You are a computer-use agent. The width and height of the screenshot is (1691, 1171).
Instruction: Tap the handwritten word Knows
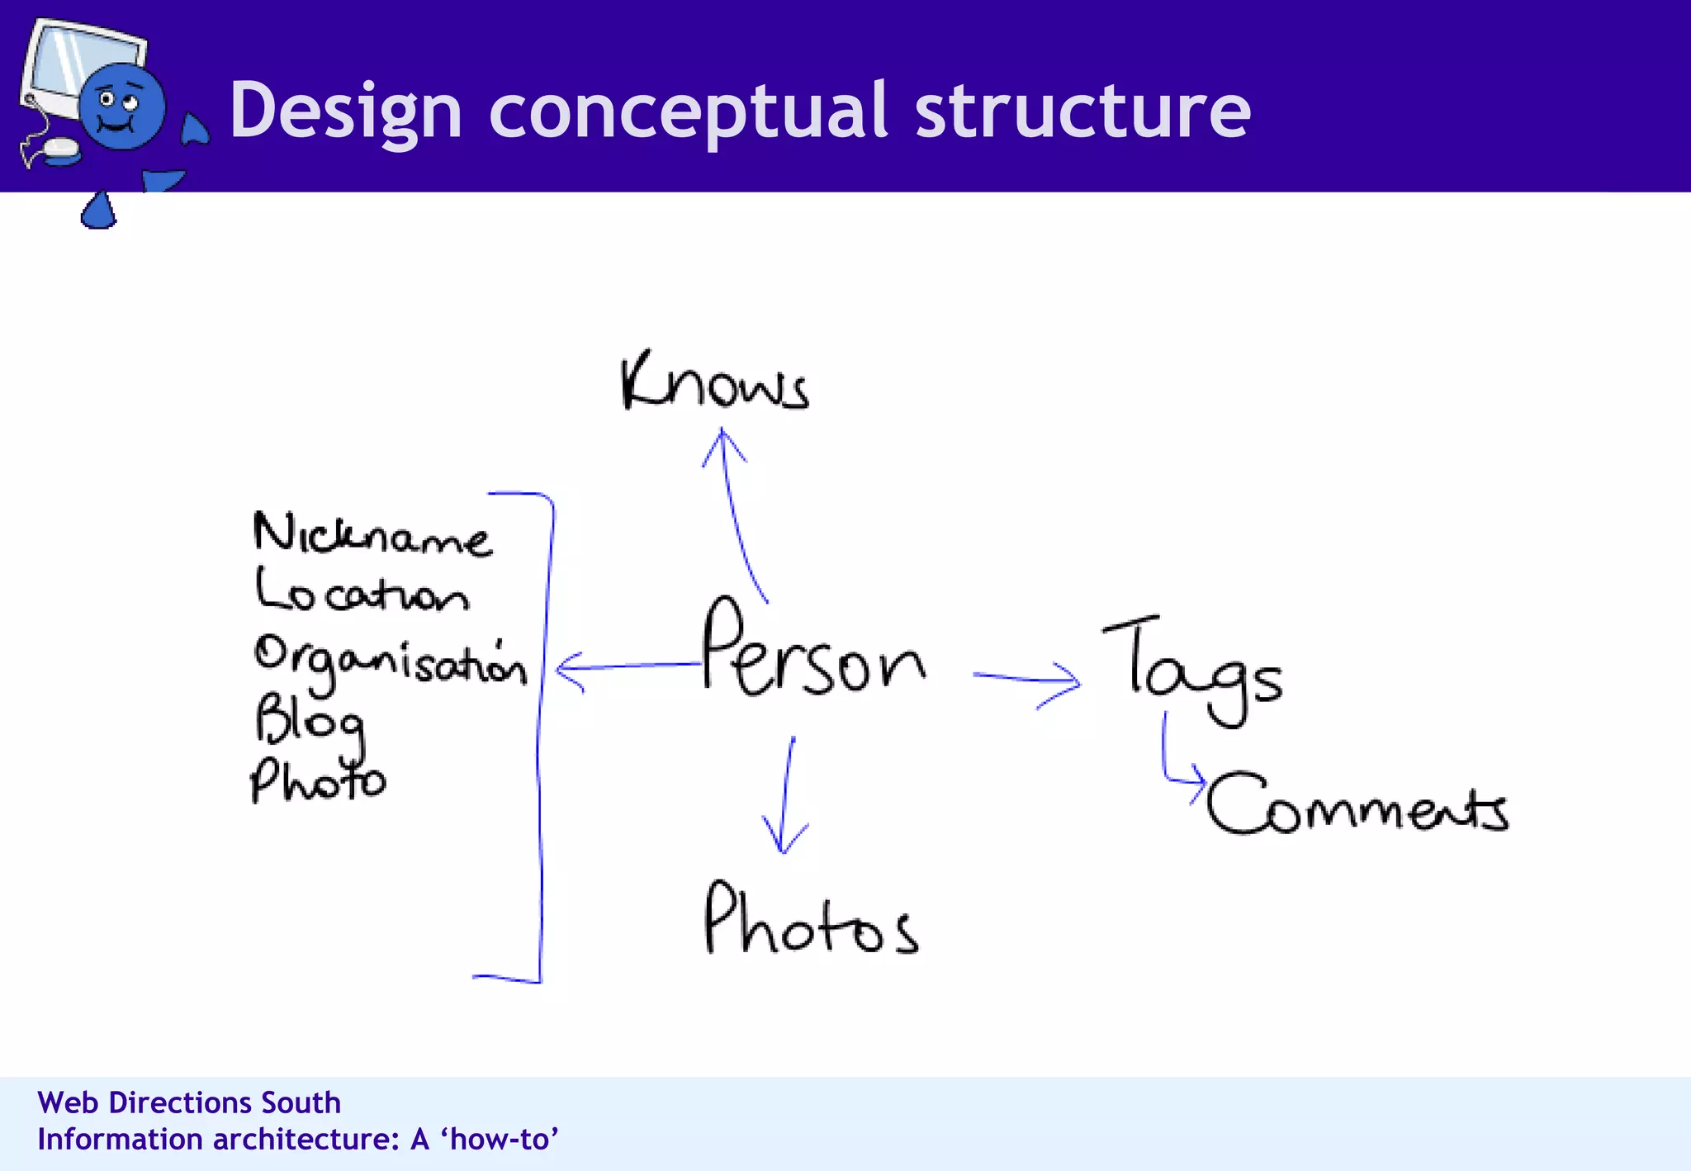pyautogui.click(x=714, y=382)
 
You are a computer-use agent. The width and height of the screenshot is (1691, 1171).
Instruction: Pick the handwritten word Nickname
pyautogui.click(x=372, y=534)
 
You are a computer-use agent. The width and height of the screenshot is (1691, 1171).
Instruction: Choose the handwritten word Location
pyautogui.click(x=362, y=591)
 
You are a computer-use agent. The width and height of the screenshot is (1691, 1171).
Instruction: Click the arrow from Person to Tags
pyautogui.click(x=1027, y=680)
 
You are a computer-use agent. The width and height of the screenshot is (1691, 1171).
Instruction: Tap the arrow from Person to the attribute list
pyautogui.click(x=628, y=666)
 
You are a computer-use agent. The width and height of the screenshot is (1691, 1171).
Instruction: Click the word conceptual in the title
pyautogui.click(x=687, y=111)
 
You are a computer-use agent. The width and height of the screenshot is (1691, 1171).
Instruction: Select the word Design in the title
pyautogui.click(x=345, y=111)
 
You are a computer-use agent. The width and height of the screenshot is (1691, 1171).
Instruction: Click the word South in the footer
pyautogui.click(x=301, y=1102)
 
